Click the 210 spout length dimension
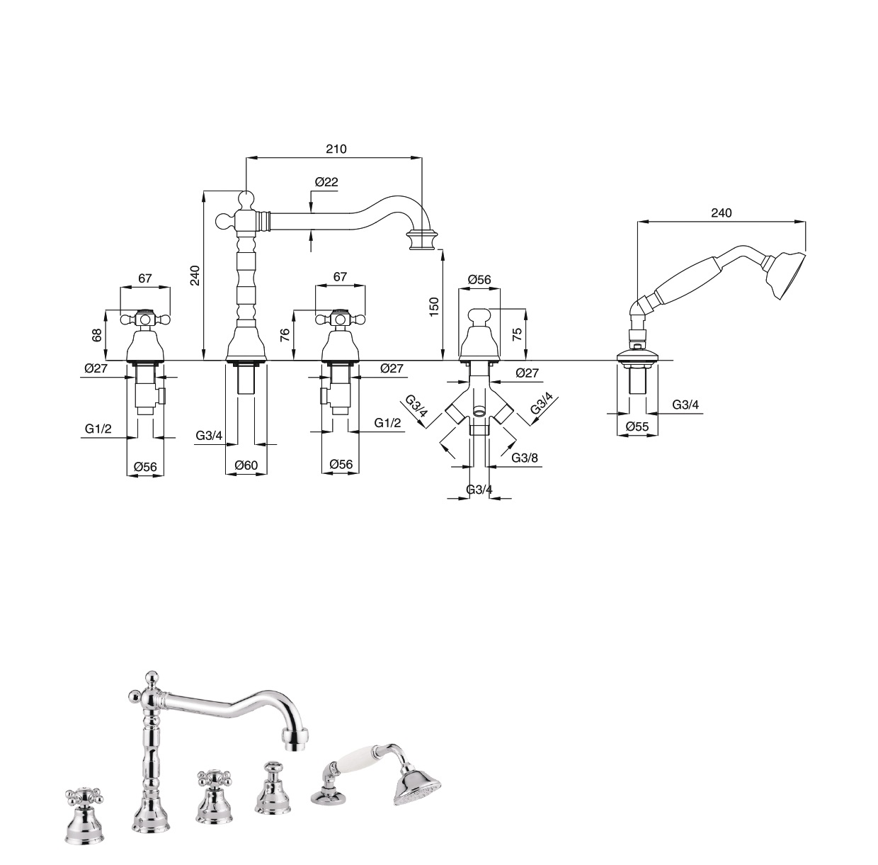pos(336,149)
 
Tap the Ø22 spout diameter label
pos(326,182)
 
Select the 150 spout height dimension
pos(433,307)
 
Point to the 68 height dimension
pos(96,337)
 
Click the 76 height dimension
pos(285,335)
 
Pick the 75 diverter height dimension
pos(517,334)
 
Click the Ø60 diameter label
pos(246,465)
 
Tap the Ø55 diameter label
pos(637,426)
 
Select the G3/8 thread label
pos(525,458)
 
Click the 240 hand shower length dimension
pos(721,213)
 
